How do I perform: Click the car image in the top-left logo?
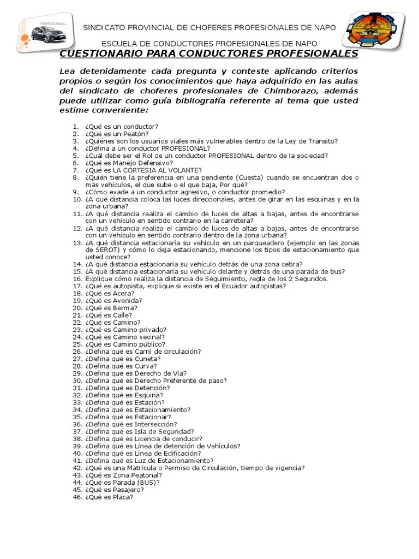pyautogui.click(x=47, y=34)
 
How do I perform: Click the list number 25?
pyautogui.click(x=76, y=344)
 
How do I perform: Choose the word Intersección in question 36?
pyautogui.click(x=155, y=424)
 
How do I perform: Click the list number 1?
pyautogui.click(x=75, y=127)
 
